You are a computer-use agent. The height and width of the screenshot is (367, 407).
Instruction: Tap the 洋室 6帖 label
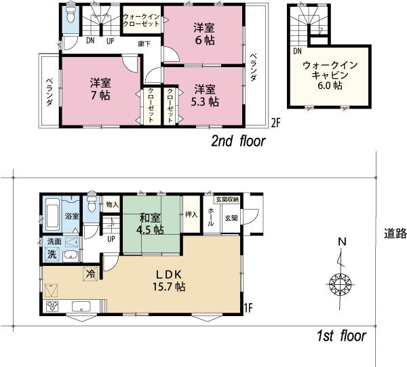203,34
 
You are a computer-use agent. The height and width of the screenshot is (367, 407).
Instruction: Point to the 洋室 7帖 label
100,89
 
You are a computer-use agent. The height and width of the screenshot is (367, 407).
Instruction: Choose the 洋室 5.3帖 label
203,96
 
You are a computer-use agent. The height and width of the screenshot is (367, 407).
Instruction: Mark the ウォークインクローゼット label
141,20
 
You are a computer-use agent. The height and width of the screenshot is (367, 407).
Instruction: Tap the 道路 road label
393,233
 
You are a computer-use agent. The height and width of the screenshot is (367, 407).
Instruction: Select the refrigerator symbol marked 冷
90,274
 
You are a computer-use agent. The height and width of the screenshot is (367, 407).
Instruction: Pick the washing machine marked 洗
52,256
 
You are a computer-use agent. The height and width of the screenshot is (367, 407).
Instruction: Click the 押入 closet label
191,214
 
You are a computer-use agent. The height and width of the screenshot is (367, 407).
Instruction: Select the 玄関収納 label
227,199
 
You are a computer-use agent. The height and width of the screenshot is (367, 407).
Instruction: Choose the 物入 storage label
112,204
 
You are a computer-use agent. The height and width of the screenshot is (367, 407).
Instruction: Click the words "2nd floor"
237,141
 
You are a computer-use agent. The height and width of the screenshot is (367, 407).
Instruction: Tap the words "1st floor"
341,336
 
